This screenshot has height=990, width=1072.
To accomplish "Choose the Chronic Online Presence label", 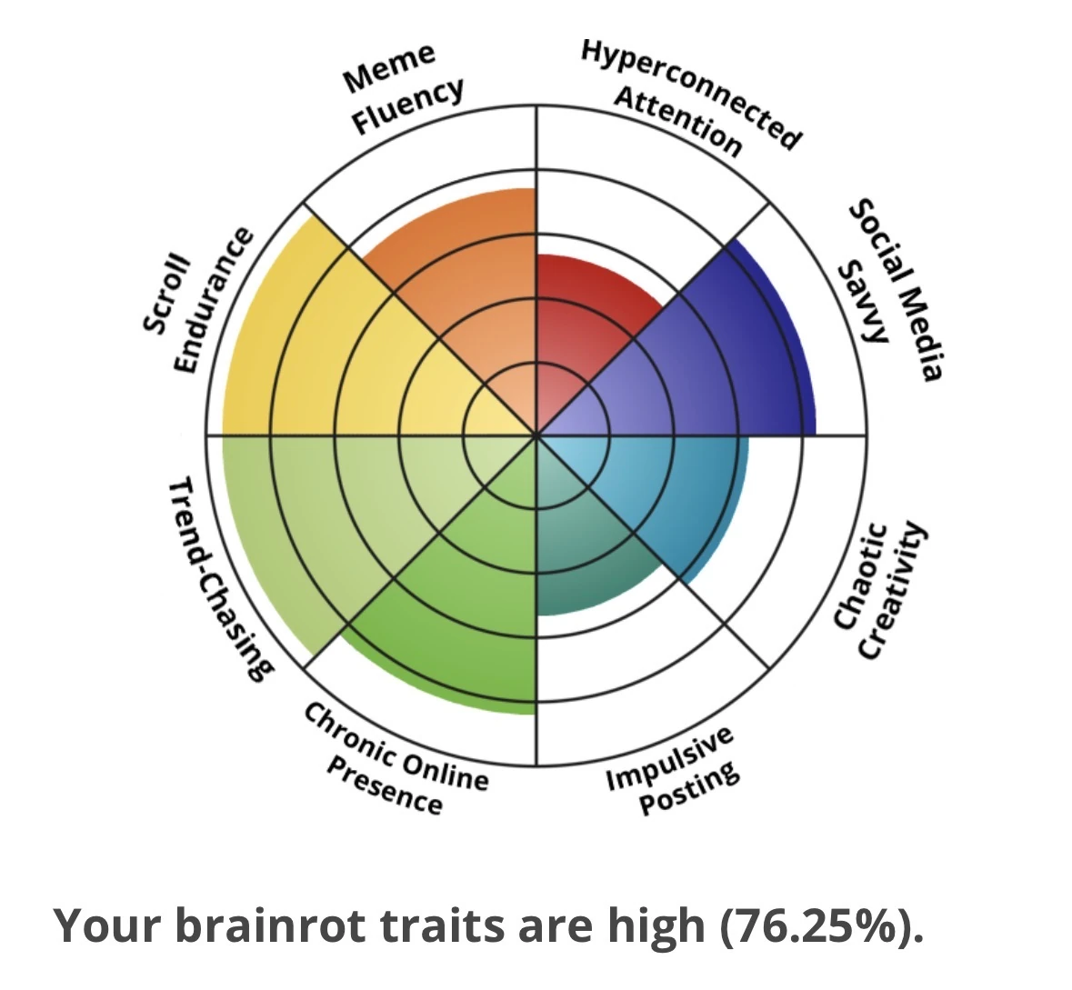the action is [396, 759].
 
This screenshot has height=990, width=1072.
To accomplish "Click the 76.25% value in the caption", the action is [815, 925].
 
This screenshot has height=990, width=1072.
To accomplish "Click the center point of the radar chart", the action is [536, 435].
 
